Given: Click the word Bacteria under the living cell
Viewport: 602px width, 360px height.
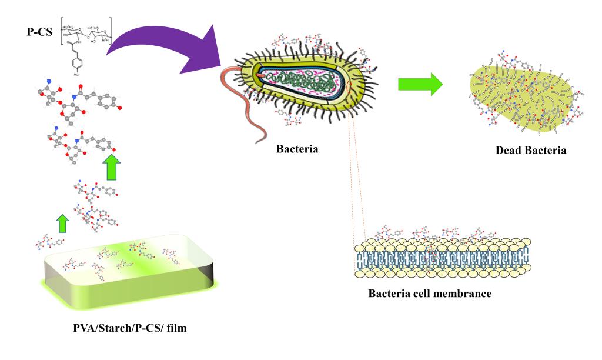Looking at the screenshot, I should coord(297,149).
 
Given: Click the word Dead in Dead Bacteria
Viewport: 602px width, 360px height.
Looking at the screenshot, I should coord(509,150).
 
